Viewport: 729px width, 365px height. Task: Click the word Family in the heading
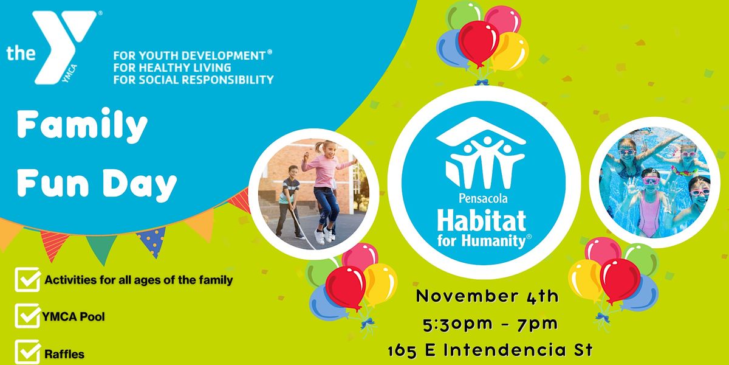point(82,126)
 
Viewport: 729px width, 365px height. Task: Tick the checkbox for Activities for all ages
point(27,280)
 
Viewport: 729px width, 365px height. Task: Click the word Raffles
point(64,353)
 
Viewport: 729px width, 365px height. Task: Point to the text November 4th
point(487,296)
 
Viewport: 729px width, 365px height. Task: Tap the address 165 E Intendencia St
point(488,351)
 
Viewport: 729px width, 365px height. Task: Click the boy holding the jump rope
point(290,201)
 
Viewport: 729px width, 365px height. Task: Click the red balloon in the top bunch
point(478,41)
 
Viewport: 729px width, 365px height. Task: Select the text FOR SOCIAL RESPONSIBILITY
point(193,79)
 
